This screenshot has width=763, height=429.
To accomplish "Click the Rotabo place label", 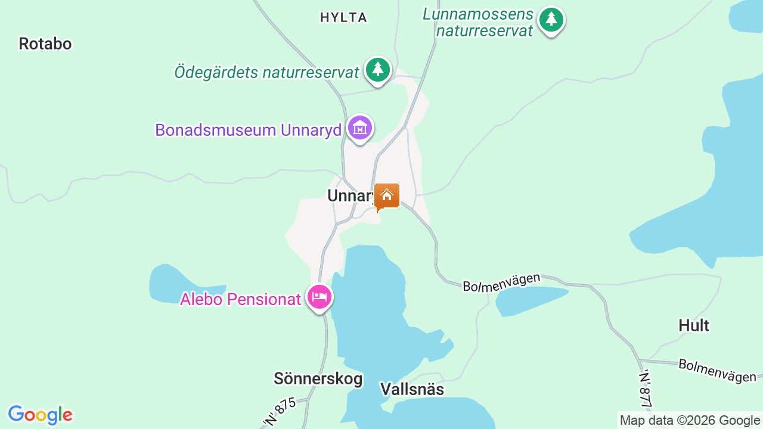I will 45,43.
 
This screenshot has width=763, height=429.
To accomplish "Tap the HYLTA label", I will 343,18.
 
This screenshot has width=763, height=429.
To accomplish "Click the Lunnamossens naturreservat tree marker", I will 551,20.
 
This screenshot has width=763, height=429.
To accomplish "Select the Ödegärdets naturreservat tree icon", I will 377,70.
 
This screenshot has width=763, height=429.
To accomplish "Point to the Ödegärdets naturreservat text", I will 266,72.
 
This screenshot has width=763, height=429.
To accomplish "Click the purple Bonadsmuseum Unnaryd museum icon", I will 360,128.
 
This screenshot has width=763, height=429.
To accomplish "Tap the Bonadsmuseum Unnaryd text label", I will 248,130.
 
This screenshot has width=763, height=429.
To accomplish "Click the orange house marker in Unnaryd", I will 386,195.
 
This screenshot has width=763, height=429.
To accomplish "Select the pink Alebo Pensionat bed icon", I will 320,297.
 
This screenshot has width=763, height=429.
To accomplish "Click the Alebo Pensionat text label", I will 240,299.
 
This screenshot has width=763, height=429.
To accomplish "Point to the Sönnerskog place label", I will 318,378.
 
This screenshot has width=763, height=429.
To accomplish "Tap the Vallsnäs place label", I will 412,389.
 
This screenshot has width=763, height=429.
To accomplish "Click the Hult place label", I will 694,325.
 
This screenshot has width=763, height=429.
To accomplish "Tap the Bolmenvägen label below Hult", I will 717,370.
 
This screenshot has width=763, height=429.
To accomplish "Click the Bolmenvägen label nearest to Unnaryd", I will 501,282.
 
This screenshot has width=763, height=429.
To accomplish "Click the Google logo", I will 40,415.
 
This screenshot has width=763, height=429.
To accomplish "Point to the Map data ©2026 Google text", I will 690,420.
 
